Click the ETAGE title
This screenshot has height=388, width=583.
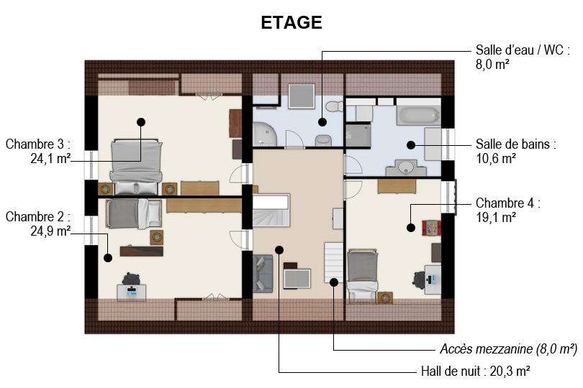(291, 23)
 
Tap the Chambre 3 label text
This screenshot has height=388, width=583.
(37, 144)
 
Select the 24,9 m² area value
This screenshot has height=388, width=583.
(50, 231)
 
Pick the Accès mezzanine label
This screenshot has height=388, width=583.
(509, 349)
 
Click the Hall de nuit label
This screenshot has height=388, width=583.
(476, 371)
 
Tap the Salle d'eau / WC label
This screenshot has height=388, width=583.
(523, 50)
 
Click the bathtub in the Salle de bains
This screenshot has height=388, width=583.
(418, 116)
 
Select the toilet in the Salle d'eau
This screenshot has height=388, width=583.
(335, 107)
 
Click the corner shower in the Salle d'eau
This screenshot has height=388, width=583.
(264, 134)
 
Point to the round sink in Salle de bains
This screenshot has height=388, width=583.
(405, 168)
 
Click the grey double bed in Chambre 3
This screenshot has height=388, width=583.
(137, 167)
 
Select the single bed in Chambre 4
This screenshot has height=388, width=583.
(363, 274)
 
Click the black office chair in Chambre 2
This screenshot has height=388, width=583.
(130, 279)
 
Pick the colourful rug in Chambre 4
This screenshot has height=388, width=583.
(431, 228)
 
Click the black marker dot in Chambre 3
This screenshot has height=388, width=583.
(141, 121)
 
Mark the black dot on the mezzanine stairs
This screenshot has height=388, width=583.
(334, 282)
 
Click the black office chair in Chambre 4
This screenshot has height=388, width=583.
(419, 279)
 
